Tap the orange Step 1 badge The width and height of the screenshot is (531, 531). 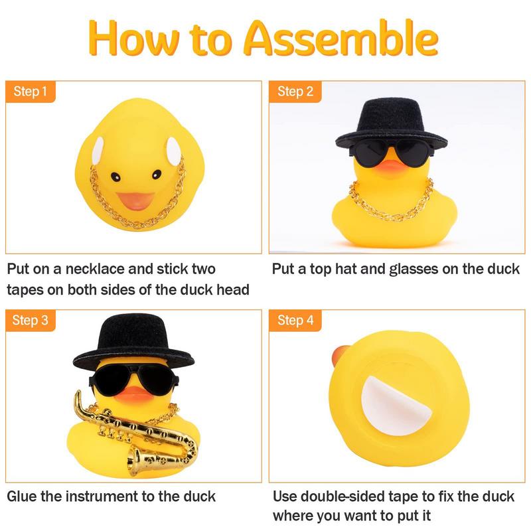[x=30, y=91]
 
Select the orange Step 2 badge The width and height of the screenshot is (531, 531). [x=295, y=91]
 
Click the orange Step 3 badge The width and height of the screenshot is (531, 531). [x=30, y=321]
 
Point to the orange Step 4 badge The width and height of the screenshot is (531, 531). [x=295, y=321]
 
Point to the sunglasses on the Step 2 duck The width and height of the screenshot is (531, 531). [x=392, y=153]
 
